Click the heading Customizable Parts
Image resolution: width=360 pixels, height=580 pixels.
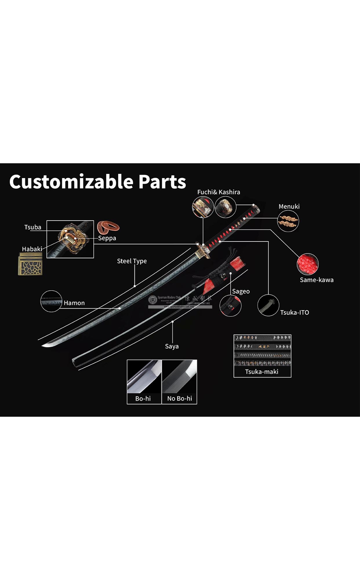pyautogui.click(x=97, y=182)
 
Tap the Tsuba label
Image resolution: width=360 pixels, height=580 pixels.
pyautogui.click(x=33, y=227)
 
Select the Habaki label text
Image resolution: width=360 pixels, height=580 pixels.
pyautogui.click(x=32, y=249)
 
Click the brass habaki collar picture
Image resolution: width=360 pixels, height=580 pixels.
pyautogui.click(x=30, y=264)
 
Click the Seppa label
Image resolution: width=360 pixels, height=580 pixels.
pyautogui.click(x=107, y=238)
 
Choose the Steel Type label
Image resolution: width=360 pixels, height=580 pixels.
pyautogui.click(x=132, y=261)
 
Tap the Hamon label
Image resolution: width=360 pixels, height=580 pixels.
pyautogui.click(x=74, y=303)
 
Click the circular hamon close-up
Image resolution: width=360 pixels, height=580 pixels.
pyautogui.click(x=51, y=301)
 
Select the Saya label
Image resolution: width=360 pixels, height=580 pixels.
pyautogui.click(x=172, y=346)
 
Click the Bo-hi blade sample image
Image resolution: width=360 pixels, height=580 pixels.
pyautogui.click(x=144, y=377)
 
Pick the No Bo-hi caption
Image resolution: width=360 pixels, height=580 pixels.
pyautogui.click(x=179, y=398)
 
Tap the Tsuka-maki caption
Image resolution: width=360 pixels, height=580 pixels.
pyautogui.click(x=262, y=372)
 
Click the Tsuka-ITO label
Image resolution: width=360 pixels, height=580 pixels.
pyautogui.click(x=294, y=312)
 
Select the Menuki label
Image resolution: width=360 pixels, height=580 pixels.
pyautogui.click(x=289, y=206)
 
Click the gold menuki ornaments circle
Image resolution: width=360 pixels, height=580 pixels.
pyautogui.click(x=288, y=221)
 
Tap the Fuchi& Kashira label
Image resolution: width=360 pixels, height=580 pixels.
pyautogui.click(x=219, y=192)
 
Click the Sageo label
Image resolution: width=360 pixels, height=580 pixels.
pyautogui.click(x=241, y=291)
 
